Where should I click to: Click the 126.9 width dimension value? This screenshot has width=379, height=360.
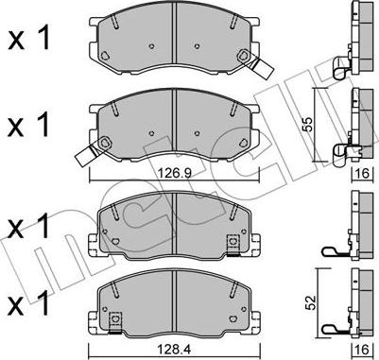click(174, 173)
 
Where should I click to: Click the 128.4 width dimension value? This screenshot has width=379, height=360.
click(175, 350)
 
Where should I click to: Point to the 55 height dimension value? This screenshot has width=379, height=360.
click(306, 125)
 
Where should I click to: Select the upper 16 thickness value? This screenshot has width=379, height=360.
click(363, 174)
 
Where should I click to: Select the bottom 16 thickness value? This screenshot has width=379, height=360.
click(363, 350)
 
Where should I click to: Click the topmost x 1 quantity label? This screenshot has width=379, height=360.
click(28, 40)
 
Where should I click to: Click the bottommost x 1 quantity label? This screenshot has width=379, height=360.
click(28, 303)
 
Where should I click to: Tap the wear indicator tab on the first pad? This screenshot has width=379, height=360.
click(259, 67)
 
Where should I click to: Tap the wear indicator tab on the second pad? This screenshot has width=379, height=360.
click(89, 154)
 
